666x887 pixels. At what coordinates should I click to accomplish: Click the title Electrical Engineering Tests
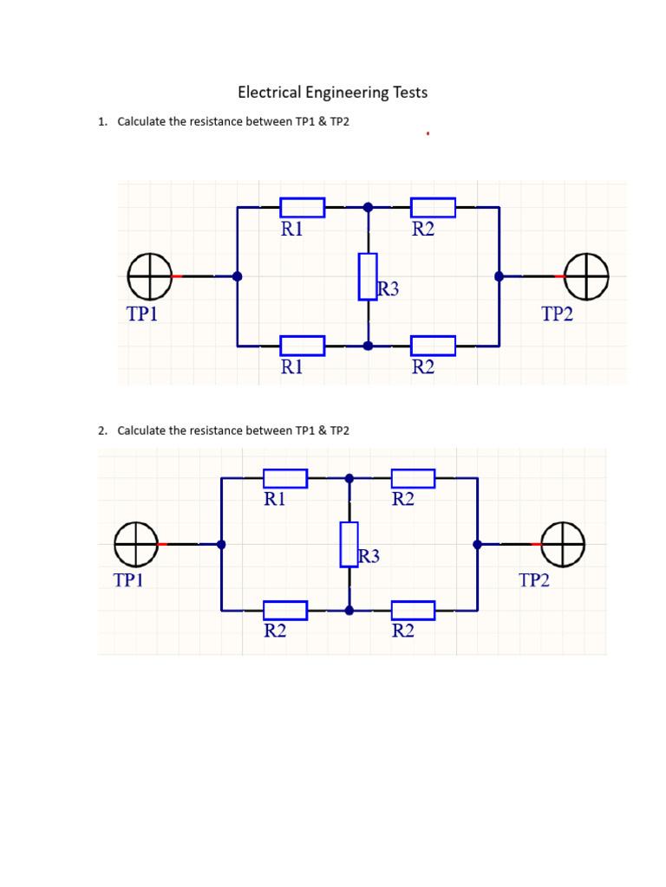(x=333, y=92)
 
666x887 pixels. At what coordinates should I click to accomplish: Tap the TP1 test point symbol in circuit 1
(x=149, y=276)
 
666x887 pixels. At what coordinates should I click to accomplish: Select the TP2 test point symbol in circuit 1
(x=586, y=276)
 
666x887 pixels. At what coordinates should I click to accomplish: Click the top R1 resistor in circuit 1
(x=303, y=208)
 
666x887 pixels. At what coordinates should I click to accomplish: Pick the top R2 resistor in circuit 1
(x=433, y=208)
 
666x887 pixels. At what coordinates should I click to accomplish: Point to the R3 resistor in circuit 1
(x=368, y=276)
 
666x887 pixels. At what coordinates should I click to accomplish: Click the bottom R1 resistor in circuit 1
(x=303, y=346)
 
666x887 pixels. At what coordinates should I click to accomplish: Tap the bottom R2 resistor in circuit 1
(x=433, y=346)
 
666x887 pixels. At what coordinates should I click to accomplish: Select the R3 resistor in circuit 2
(x=349, y=544)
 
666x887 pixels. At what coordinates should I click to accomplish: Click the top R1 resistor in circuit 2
(x=285, y=478)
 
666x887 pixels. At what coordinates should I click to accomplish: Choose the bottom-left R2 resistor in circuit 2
(x=285, y=611)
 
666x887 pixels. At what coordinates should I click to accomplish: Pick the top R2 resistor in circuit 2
(x=413, y=478)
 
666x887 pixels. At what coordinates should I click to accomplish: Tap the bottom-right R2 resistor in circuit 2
(x=413, y=611)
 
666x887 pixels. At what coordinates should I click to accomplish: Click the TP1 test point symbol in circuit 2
(x=135, y=544)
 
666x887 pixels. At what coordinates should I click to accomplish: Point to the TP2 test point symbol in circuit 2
(x=563, y=544)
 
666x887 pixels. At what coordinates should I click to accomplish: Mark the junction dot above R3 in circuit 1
(x=368, y=208)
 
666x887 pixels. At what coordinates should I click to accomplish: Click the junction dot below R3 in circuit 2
(x=349, y=611)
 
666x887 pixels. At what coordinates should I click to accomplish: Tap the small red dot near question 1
(x=428, y=134)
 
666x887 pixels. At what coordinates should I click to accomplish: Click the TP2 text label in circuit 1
(x=558, y=314)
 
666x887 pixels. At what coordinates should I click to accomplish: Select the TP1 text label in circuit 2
(x=128, y=580)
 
